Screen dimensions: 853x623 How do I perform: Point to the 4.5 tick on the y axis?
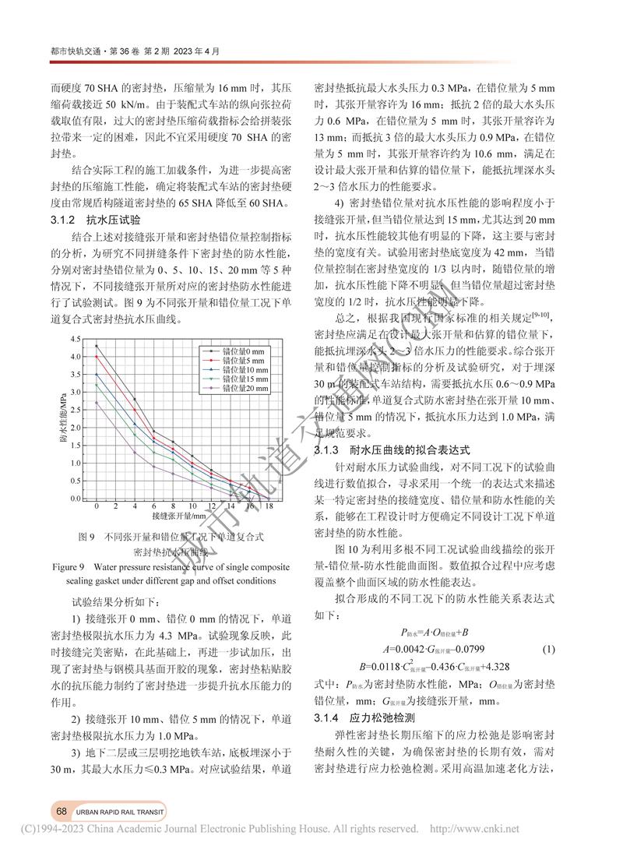pos(75,340)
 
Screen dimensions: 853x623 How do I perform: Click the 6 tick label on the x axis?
pos(153,506)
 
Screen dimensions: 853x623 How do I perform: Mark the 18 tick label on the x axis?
pos(269,506)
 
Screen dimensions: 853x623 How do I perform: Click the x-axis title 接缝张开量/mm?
pos(179,516)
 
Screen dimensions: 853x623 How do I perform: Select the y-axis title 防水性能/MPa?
pos(62,418)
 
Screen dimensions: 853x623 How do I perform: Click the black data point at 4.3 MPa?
pos(96,346)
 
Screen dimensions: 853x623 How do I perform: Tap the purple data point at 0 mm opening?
pos(96,403)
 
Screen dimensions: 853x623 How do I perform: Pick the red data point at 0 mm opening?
pos(96,357)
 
